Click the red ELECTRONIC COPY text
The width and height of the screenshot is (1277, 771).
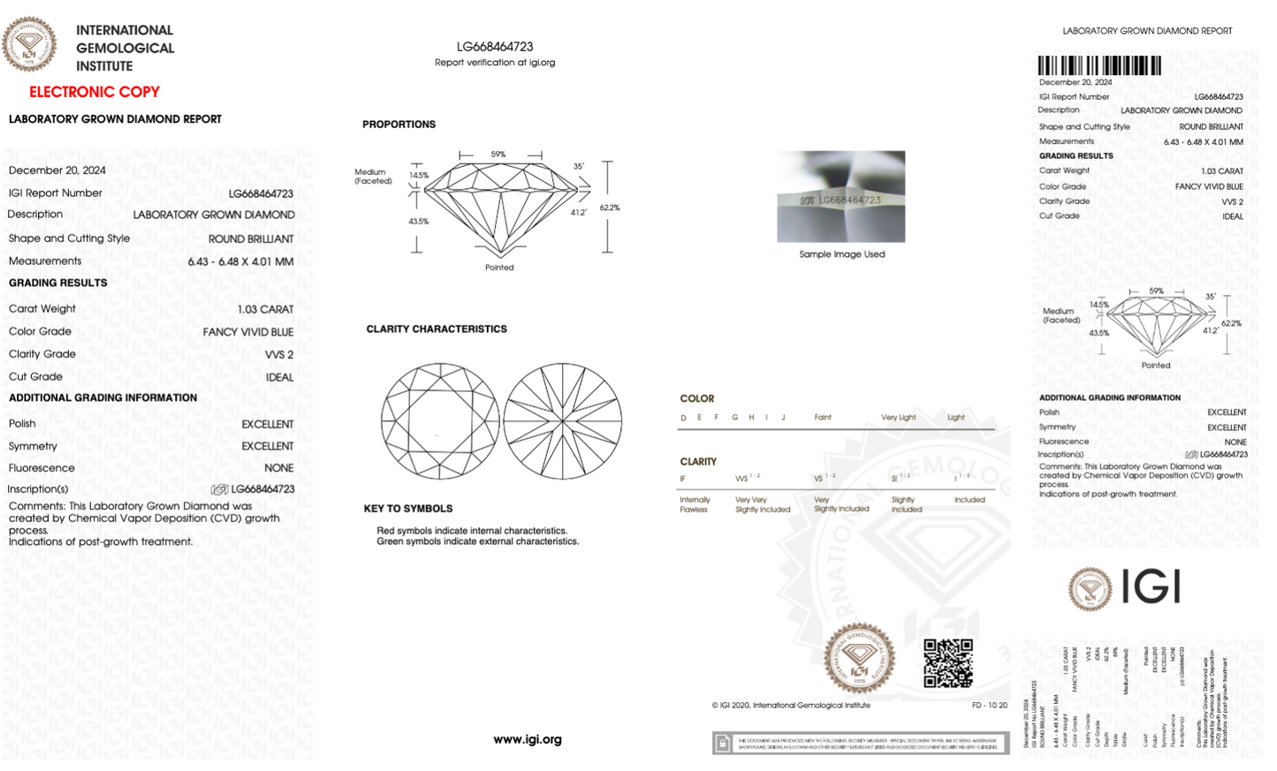[x=94, y=92]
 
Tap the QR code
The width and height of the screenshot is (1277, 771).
[x=947, y=663]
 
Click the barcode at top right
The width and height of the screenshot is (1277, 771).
[x=1098, y=65]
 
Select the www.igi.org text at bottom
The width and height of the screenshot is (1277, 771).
[x=527, y=739]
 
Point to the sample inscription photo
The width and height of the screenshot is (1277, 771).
[x=840, y=196]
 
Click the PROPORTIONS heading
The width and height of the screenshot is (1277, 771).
[x=399, y=125]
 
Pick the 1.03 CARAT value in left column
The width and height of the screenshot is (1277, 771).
[x=265, y=309]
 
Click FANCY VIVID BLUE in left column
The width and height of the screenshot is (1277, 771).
[x=247, y=332]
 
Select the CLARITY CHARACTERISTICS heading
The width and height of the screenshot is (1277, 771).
[x=436, y=329]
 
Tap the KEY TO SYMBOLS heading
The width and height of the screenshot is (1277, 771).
[x=407, y=509]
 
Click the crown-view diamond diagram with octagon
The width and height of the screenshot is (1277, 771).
[x=439, y=421]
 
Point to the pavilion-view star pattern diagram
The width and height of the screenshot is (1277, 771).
[x=563, y=421]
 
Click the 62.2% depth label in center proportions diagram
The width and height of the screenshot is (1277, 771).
[x=610, y=208]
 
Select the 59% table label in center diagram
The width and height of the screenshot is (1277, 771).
[x=498, y=155]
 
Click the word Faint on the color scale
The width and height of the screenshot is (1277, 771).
[x=822, y=417]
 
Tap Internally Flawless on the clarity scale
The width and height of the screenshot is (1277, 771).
[x=694, y=504]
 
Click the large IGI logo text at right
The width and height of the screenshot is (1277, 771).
[x=1151, y=586]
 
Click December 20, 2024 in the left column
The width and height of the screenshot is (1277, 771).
[x=57, y=170]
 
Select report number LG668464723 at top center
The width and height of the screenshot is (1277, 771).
[x=495, y=47]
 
